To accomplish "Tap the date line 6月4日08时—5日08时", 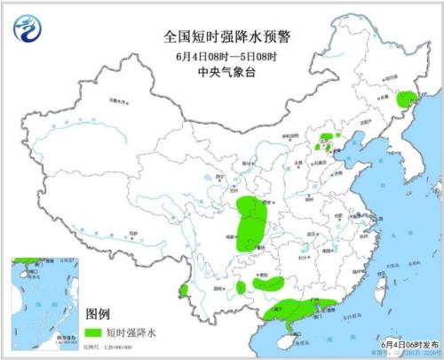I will coord(221,56).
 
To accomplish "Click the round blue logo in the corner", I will coord(28,30).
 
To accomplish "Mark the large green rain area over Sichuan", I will coord(253,224).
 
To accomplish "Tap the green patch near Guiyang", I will coord(274,284).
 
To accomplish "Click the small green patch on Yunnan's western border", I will coord(184,290).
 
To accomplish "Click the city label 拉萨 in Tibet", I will coord(131,232).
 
